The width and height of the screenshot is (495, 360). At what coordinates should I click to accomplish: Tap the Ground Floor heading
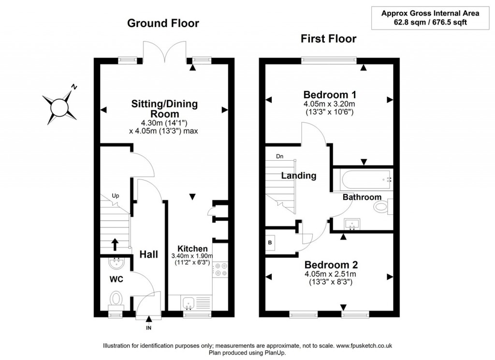pos(163,23)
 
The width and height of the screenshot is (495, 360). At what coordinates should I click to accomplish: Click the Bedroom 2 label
pos(331,265)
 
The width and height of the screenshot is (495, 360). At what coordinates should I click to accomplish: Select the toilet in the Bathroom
pos(382,208)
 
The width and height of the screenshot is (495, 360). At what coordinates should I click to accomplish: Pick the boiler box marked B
pos(270,242)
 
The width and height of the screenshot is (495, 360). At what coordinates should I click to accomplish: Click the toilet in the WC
pos(116,299)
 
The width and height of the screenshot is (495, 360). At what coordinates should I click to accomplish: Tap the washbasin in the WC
pos(116,264)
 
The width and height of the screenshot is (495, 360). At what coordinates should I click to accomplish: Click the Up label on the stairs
pos(116,196)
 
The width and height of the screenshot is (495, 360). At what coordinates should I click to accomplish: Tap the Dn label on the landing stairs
pos(280,156)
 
